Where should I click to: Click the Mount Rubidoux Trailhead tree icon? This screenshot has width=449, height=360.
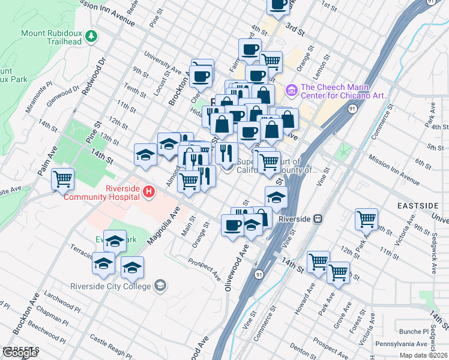coord(91,37)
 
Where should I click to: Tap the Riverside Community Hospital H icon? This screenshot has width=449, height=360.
coord(149,193)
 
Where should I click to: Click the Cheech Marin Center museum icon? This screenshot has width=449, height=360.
coord(292,91)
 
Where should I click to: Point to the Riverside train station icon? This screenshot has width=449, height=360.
coord(319,219)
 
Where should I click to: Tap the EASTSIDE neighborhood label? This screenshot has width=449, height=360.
coord(418,206)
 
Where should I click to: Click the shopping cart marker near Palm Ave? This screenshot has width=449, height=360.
coord(62,179)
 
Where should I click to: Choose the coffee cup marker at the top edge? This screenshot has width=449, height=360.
coord(278,5)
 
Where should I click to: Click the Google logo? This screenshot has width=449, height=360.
coord(20,353)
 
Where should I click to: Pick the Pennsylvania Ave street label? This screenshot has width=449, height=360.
coord(401,344)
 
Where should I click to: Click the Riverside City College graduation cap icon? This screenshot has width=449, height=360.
coord(160,286)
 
